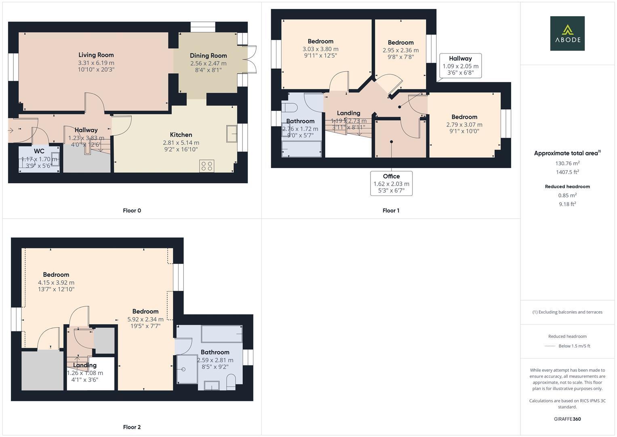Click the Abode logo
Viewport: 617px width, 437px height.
(567, 33)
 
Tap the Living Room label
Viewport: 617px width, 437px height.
(96, 55)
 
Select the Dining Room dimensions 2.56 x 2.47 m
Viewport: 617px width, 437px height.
(208, 64)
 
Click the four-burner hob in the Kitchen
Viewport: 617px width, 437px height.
(207, 166)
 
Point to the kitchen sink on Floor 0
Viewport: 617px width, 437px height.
(232, 134)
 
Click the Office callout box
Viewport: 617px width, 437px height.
(391, 183)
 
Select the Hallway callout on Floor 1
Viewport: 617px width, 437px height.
(460, 66)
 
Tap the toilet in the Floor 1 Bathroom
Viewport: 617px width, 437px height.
(290, 107)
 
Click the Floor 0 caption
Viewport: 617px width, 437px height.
(132, 210)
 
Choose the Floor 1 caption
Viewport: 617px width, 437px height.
(391, 210)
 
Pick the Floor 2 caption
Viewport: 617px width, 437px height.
(132, 427)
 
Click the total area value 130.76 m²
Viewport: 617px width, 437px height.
(567, 163)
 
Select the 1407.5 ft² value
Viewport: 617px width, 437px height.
(567, 172)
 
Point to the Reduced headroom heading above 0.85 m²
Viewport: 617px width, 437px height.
(567, 187)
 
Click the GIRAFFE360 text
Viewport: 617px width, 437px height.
(567, 419)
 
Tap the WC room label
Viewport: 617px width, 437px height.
(39, 151)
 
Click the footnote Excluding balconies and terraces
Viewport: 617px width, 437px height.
(567, 312)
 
